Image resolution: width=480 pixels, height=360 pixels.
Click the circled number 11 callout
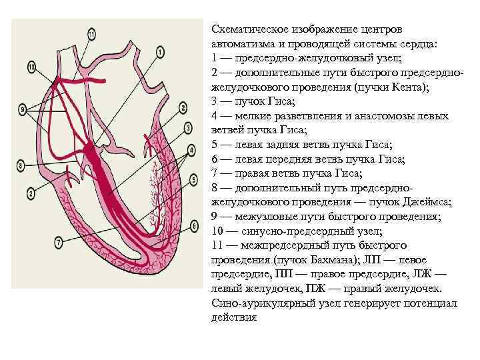[91, 33]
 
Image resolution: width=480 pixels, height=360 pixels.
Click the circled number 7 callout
[59, 241]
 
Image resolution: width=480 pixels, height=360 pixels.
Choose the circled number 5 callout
[193, 179]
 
